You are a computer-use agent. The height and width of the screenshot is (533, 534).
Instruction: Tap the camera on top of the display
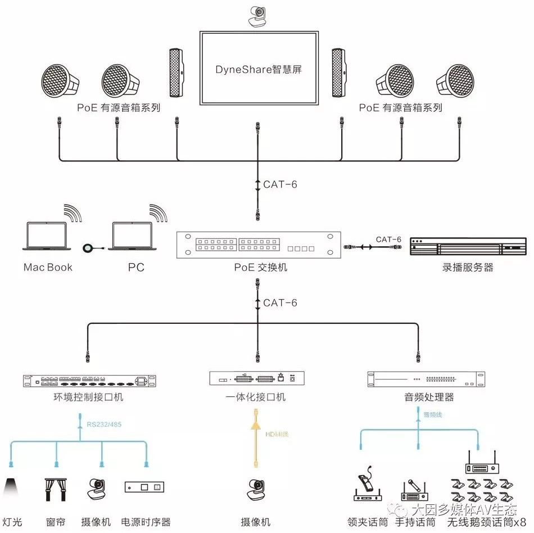coord(259,16)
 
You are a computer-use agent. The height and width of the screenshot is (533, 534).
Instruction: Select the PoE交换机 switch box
coord(259,246)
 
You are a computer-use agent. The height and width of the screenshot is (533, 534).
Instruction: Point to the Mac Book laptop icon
coord(47,236)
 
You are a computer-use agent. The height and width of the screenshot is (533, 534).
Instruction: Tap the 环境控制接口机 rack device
coord(89,381)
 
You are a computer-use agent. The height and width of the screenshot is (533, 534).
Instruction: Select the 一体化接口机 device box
coord(257,378)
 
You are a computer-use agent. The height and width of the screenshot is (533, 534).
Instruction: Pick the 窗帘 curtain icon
coord(56,489)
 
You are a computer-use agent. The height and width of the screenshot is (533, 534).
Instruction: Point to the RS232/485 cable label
coord(104,424)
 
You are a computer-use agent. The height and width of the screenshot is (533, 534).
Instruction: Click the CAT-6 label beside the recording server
coord(388,240)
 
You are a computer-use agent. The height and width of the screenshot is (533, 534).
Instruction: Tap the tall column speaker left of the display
coord(177,73)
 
